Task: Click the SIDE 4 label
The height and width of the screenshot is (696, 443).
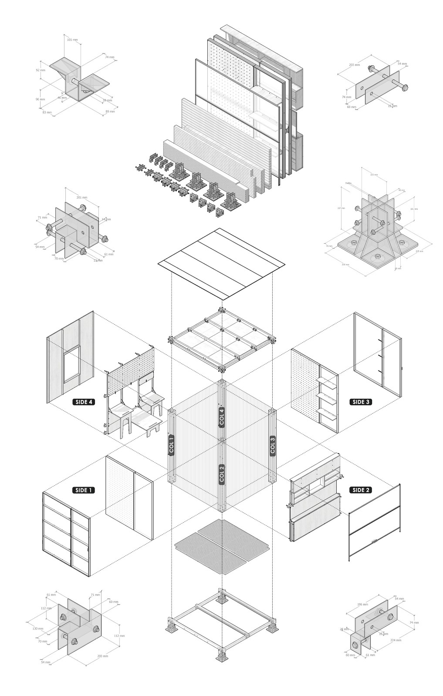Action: tap(83, 402)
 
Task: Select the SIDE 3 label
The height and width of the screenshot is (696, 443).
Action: tap(361, 402)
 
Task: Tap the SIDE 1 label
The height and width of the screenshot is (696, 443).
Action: tap(83, 490)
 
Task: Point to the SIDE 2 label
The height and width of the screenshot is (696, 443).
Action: tap(361, 490)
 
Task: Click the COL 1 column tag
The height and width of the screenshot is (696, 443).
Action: tap(171, 445)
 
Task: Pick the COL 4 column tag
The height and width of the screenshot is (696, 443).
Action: tap(222, 417)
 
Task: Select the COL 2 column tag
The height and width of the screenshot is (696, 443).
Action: tap(222, 474)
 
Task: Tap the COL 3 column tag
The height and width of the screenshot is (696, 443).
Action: tap(273, 445)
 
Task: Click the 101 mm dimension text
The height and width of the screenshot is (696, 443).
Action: tap(73, 40)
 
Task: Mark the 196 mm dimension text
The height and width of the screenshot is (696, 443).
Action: tap(363, 604)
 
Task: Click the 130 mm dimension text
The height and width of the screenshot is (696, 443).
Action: tap(38, 629)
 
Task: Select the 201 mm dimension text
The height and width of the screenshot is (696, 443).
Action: tap(82, 197)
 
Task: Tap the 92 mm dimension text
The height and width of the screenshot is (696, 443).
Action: tap(41, 70)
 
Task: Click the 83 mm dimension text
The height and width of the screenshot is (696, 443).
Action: tap(47, 112)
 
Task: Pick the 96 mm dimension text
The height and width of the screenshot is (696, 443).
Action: tap(41, 99)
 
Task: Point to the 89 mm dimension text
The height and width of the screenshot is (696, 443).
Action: tap(110, 112)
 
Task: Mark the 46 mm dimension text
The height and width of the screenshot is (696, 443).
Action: tap(62, 98)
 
